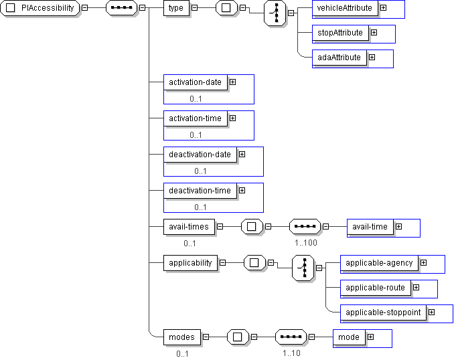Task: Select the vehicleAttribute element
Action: pyautogui.click(x=345, y=8)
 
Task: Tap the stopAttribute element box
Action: pyautogui.click(x=340, y=33)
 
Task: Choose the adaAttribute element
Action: pyautogui.click(x=339, y=58)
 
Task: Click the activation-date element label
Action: pyautogui.click(x=195, y=82)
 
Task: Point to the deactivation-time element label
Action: pyautogui.click(x=200, y=191)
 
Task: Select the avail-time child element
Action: pyautogui.click(x=370, y=227)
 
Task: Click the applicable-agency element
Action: pyautogui.click(x=379, y=263)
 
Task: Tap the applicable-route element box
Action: pyautogui.click(x=375, y=288)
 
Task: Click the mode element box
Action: pyautogui.click(x=348, y=337)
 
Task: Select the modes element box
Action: pyautogui.click(x=181, y=337)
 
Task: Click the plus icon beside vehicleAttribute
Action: pyautogui.click(x=383, y=8)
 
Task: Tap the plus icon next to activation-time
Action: pyautogui.click(x=232, y=118)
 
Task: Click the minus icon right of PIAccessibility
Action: pyautogui.click(x=84, y=8)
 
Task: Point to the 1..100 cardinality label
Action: pyautogui.click(x=305, y=243)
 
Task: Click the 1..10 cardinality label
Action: pyautogui.click(x=291, y=353)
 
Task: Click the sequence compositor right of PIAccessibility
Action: pyautogui.click(x=121, y=8)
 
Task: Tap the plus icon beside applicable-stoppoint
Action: pyautogui.click(x=431, y=312)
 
